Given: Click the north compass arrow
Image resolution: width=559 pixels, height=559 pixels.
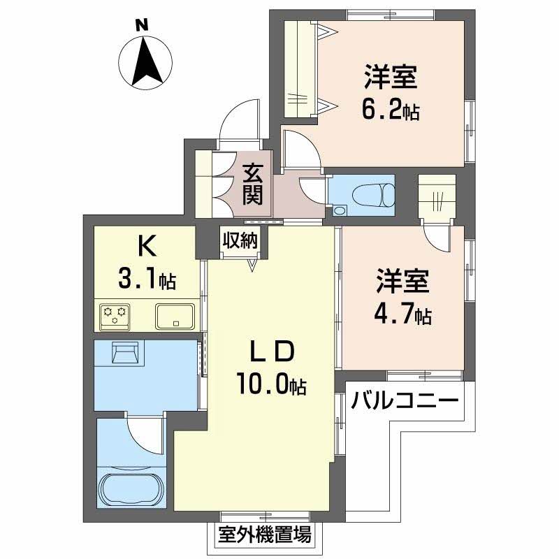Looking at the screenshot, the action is (x=145, y=61).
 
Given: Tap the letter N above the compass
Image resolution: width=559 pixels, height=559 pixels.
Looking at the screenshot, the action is (x=142, y=25).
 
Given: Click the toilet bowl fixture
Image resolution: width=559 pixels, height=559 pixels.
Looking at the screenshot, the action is (x=373, y=195).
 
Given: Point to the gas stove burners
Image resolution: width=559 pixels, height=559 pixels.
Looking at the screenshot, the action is (x=115, y=316).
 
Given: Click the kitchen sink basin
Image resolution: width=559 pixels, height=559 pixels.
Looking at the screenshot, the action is (x=175, y=317).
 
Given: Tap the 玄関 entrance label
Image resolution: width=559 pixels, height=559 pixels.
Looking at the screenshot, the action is (x=252, y=185).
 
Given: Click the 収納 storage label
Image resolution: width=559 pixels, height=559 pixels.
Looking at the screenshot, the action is (x=240, y=240).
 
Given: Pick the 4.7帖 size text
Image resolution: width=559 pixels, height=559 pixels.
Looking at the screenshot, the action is (x=402, y=314).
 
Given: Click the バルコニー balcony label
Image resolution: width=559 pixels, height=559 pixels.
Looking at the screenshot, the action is (x=405, y=400).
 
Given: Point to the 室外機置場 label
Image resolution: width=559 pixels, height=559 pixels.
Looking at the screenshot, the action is (x=265, y=534).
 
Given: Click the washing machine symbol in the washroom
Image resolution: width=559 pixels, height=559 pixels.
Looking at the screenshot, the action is (x=125, y=352).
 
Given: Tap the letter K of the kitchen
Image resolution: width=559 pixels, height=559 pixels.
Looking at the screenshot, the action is (x=147, y=247).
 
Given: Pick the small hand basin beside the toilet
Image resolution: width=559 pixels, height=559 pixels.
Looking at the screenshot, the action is (x=340, y=210).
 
